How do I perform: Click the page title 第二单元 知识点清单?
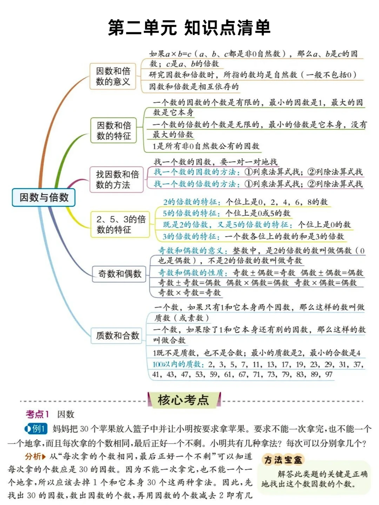point(189,28)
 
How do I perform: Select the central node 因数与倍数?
point(44,197)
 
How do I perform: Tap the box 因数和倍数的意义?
point(113,76)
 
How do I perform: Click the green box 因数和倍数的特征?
point(114,130)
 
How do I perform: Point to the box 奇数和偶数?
point(119,274)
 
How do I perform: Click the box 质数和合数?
point(117,336)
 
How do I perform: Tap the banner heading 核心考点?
point(183,400)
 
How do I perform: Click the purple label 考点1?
point(37,414)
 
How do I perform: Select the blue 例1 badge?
point(36,429)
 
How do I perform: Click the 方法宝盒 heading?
point(283,460)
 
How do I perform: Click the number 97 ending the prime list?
point(328,374)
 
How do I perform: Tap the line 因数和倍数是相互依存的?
point(194,86)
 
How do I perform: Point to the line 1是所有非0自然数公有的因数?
point(206,146)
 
